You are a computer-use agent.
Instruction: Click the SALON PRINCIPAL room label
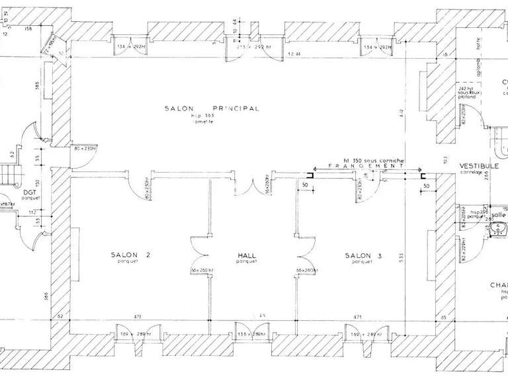click(x=212, y=108)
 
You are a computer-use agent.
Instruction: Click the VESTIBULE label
click(x=474, y=166)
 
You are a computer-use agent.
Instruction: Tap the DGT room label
click(x=29, y=192)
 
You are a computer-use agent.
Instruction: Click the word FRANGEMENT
click(x=365, y=167)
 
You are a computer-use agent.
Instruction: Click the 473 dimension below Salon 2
click(x=138, y=317)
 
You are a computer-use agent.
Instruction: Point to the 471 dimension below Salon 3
click(x=359, y=317)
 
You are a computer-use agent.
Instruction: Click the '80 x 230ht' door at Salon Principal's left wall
click(x=85, y=148)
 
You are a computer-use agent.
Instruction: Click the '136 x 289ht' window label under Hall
click(x=253, y=335)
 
